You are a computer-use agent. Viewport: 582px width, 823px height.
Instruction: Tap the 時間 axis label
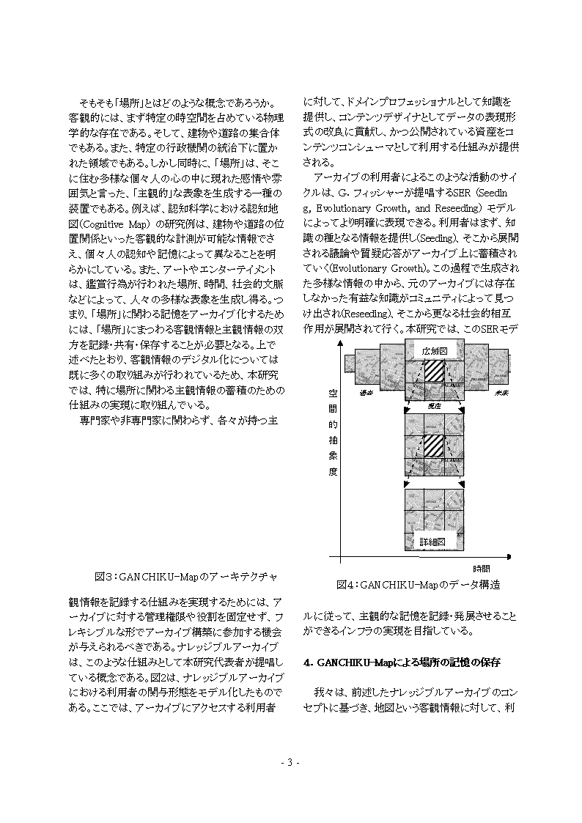(x=481, y=568)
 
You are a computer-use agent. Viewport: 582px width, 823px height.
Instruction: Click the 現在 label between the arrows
(x=434, y=405)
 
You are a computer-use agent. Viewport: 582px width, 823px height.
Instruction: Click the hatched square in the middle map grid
(x=434, y=445)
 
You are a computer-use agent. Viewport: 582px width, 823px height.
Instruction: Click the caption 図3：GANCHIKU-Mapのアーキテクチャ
(x=186, y=575)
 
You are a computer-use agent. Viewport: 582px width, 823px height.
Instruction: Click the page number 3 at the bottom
(x=290, y=763)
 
